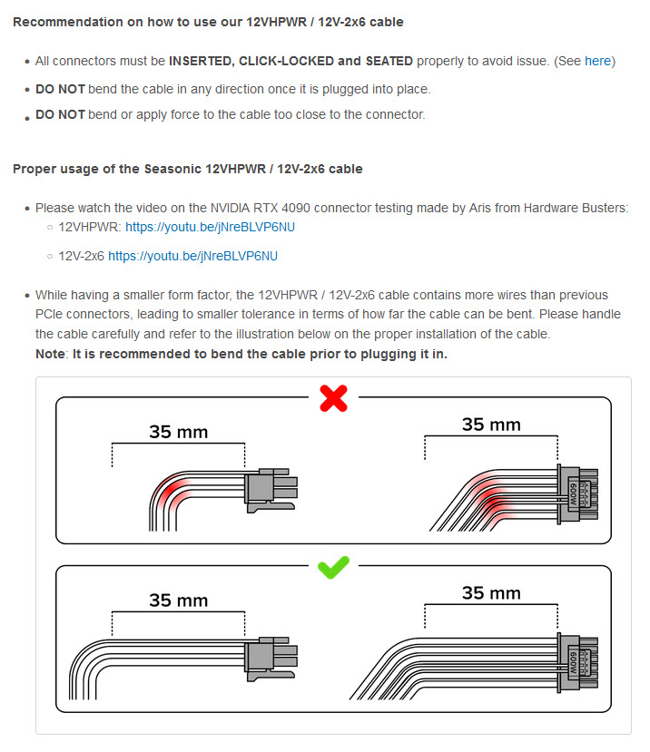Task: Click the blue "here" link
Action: point(597,61)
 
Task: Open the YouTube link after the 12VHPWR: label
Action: point(210,228)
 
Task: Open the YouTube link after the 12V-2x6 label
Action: point(192,256)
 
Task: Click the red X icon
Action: point(333,398)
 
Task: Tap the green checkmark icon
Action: point(333,568)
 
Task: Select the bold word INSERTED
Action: point(203,61)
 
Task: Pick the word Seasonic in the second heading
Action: point(172,169)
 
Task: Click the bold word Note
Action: point(49,353)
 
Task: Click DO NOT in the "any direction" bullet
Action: point(60,89)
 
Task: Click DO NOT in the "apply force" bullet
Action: point(60,114)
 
